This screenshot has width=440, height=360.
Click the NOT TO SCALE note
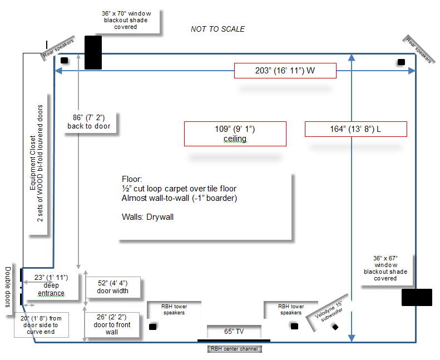coord(217,29)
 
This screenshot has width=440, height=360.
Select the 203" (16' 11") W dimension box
coord(285,71)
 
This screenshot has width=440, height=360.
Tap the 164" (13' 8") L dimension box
coord(355,129)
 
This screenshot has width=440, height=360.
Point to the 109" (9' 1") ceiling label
coord(235,134)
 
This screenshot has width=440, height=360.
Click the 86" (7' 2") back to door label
coord(89,121)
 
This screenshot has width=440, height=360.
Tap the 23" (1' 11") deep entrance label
coord(51,285)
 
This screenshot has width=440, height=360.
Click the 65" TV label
coord(234,331)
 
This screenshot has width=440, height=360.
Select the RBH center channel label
coord(234,349)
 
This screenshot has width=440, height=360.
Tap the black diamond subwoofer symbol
coord(335,327)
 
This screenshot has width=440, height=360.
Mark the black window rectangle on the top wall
coord(93,52)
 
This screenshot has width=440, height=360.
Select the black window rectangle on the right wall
coord(417,297)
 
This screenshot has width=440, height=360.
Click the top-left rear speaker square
coord(64,60)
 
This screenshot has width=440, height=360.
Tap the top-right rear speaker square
coord(401,62)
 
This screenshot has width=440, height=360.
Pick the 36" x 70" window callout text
coord(126,19)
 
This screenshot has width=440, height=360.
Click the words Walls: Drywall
coord(147,217)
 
